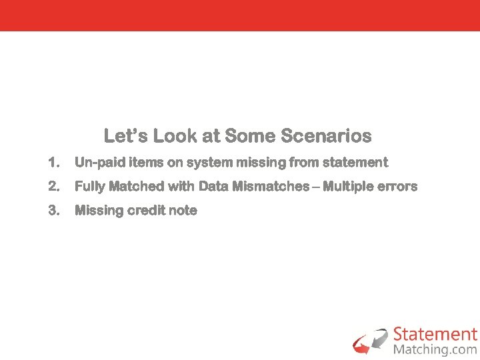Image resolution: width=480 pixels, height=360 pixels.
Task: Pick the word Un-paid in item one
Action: [95, 163]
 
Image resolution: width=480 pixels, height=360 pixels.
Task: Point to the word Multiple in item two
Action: [349, 187]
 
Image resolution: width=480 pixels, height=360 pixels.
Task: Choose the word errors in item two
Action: [397, 187]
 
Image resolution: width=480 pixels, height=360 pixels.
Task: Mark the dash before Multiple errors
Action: [316, 187]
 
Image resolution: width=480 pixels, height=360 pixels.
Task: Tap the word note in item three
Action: [183, 211]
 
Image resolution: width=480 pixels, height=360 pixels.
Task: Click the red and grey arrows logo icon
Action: [371, 341]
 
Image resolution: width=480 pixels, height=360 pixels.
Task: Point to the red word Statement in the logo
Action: [435, 334]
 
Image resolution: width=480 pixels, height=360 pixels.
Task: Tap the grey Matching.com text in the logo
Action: [435, 349]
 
